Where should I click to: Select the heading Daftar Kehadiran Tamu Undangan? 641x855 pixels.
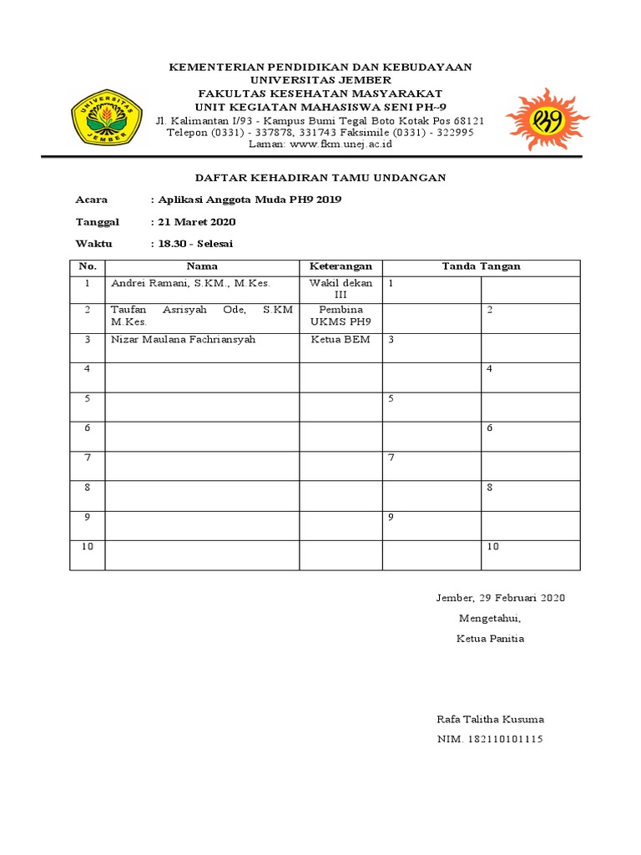pyautogui.click(x=320, y=178)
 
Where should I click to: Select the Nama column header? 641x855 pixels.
pyautogui.click(x=201, y=266)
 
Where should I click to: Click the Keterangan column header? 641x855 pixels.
pyautogui.click(x=341, y=266)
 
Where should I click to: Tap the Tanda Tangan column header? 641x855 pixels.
pyautogui.click(x=481, y=266)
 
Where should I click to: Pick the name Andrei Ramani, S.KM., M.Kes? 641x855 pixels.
pyautogui.click(x=191, y=284)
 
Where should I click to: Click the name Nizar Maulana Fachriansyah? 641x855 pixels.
pyautogui.click(x=184, y=340)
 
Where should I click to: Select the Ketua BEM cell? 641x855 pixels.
pyautogui.click(x=341, y=340)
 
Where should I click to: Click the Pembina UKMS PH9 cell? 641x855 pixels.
pyautogui.click(x=341, y=316)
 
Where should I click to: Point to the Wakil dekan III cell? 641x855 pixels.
pyautogui.click(x=341, y=289)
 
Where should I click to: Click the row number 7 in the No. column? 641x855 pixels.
pyautogui.click(x=87, y=458)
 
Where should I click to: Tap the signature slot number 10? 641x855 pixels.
pyautogui.click(x=492, y=546)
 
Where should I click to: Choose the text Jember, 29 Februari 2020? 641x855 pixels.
pyautogui.click(x=501, y=598)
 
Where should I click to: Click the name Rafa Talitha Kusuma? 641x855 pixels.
pyautogui.click(x=491, y=719)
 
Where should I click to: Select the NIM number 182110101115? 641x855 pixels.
pyautogui.click(x=490, y=739)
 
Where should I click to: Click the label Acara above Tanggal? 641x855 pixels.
pyautogui.click(x=92, y=200)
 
